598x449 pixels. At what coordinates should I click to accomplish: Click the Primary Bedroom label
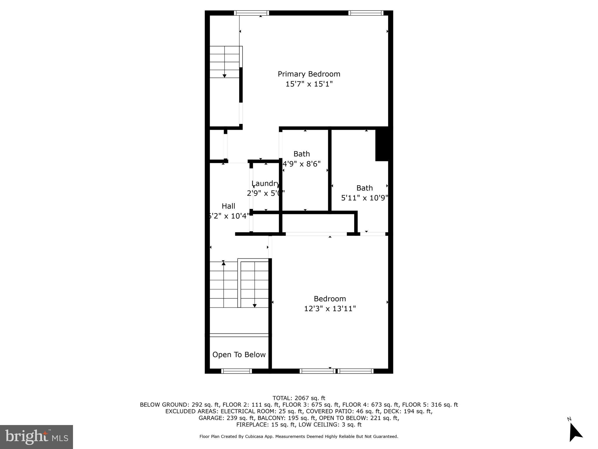point(309,74)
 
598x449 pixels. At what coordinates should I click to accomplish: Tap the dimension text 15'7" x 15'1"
point(309,84)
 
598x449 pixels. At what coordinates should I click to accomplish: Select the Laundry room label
point(265,183)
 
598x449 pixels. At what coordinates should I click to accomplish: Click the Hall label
point(228,206)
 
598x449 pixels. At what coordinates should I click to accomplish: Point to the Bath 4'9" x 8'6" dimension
point(302,164)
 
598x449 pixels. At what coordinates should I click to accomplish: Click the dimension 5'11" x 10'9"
point(364,198)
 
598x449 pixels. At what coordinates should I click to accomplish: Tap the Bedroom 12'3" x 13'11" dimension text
point(330,309)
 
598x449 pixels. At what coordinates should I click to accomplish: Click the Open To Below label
point(239,355)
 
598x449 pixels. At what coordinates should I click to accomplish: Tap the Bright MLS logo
point(36,437)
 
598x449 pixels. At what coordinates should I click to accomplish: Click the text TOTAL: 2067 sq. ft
point(299,398)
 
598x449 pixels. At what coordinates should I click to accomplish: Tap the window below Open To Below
point(237,371)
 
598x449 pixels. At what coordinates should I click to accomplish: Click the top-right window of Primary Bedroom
point(366,13)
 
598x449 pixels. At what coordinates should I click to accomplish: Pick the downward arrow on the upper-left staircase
point(225,76)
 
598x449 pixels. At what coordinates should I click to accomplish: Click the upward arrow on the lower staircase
point(224,263)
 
